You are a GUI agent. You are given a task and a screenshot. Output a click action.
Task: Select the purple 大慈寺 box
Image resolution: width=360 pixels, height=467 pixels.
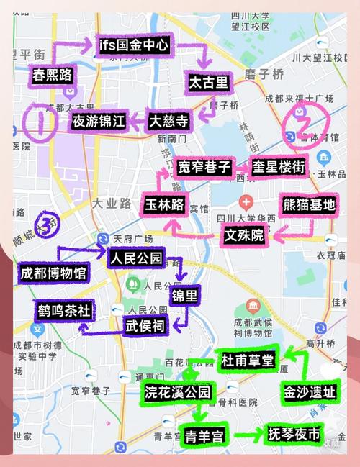click(x=168, y=120)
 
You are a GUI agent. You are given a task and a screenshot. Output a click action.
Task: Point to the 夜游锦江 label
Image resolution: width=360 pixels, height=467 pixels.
click(x=99, y=121)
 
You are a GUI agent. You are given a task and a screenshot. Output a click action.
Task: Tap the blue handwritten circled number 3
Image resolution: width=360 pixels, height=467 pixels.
click(x=48, y=225)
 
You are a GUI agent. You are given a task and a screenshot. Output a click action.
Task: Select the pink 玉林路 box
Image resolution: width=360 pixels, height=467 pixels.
click(x=167, y=203)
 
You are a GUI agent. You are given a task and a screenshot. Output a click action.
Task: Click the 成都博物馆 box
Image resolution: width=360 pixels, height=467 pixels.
click(x=53, y=273)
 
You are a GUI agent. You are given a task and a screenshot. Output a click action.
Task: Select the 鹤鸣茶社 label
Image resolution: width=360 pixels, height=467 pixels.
click(x=65, y=310)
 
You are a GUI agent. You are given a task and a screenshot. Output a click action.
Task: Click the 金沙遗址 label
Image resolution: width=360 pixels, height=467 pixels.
click(x=309, y=392)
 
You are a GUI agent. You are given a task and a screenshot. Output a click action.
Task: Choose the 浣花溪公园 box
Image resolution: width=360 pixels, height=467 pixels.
click(x=177, y=392)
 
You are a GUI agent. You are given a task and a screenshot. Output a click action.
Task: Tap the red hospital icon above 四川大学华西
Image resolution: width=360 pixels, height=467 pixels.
click(x=247, y=201)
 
